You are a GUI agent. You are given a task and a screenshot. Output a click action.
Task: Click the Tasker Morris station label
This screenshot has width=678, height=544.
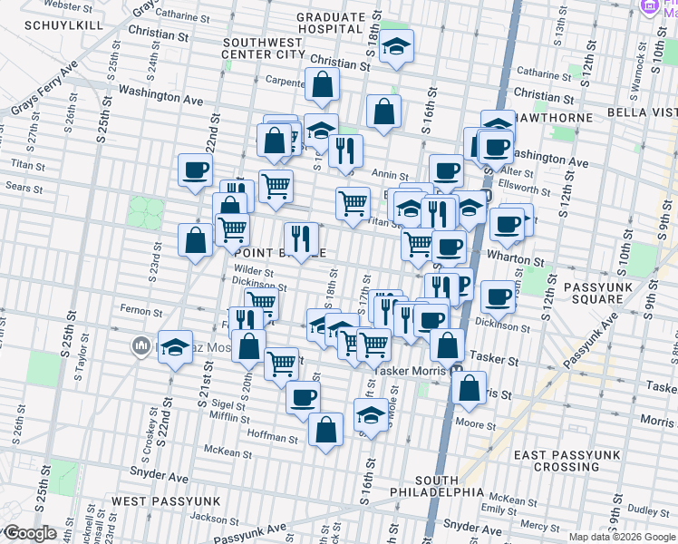[408, 370]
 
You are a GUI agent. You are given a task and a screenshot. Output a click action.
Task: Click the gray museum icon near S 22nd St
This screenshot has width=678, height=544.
[140, 345]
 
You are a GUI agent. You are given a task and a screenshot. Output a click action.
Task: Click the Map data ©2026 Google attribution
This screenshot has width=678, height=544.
[622, 537]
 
